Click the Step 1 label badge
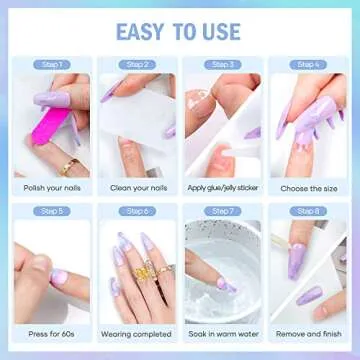pos(51,65)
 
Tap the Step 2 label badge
pos(137,65)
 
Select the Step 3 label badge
pos(223,65)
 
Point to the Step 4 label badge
pos(308,65)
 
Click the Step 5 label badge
pos(51,211)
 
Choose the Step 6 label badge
pos(137,211)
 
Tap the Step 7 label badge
pos(223,211)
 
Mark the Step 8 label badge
pos(308,211)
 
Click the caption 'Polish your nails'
pos(51,186)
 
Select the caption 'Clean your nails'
pos(137,186)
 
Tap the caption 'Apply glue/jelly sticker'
pos(223,186)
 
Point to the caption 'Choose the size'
pos(308,186)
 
